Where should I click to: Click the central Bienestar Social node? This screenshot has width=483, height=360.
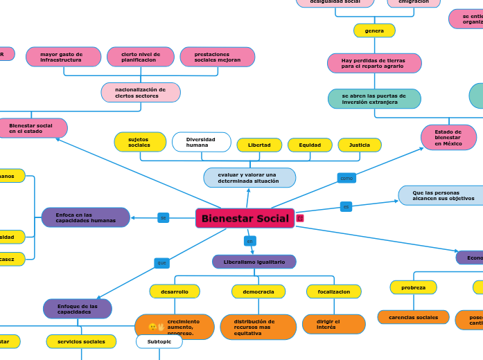pos(245,219)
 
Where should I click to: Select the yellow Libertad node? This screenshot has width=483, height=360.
pos(259,145)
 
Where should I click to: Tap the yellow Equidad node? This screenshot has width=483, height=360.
pos(310,145)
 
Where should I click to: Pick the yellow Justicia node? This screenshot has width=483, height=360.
pos(360,145)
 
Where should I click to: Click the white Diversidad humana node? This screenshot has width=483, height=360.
pos(201,142)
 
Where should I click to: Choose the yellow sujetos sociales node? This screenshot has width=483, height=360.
pos(140,142)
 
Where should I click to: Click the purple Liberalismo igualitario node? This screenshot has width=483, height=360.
pos(254,262)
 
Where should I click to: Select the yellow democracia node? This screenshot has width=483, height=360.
pos(258,291)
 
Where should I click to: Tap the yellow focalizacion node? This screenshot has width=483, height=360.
pos(333,291)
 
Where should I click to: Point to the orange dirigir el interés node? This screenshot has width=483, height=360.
pos(333,324)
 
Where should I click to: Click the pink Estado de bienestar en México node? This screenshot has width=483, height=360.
pos(448,137)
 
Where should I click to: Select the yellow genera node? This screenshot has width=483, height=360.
pos(374,30)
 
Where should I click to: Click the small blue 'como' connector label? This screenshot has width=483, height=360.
pos(346,178)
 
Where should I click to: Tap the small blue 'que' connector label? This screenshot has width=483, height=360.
pos(161,263)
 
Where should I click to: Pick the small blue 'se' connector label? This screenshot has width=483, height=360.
pos(164,217)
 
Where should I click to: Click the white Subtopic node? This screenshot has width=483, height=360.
pos(159,341)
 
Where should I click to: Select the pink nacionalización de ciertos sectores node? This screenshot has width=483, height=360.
pos(141,93)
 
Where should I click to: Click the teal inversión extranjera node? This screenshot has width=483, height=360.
pos(374,99)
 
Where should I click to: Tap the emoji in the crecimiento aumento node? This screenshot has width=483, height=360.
pos(156,327)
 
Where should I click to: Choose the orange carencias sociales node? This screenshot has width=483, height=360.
pos(413,317)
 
